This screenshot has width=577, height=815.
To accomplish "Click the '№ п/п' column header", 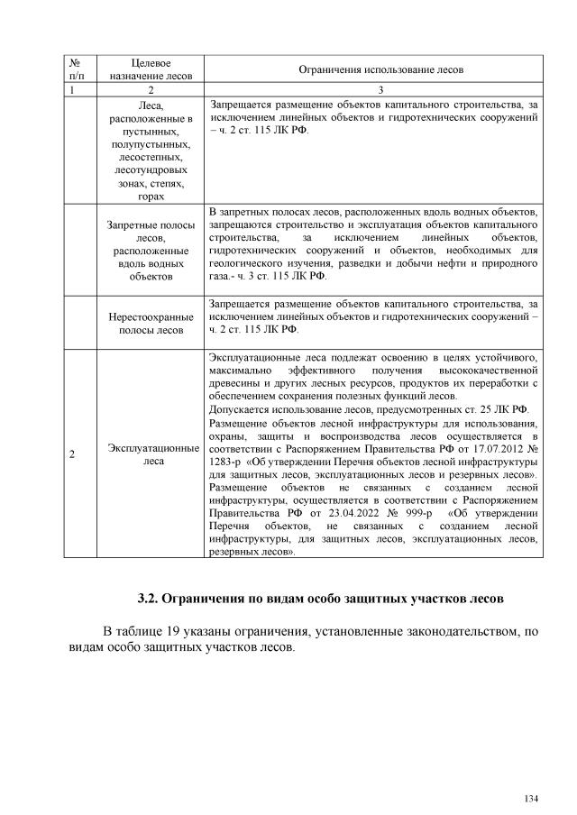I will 77,69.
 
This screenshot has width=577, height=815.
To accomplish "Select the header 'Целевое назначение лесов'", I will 151,69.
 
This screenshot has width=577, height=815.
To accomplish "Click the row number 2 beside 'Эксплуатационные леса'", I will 71,454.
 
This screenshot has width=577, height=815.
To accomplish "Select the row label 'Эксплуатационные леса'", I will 151,454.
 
